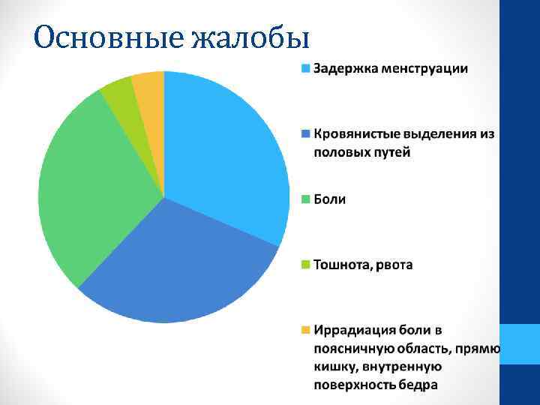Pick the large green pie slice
click(x=90, y=187)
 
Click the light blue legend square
click(x=305, y=69)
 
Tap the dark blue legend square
click(x=305, y=134)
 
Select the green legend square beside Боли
click(x=305, y=199)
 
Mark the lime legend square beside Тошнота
click(x=305, y=265)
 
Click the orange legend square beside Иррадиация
click(x=305, y=330)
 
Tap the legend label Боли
click(x=329, y=199)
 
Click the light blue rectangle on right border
click(x=520, y=344)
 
